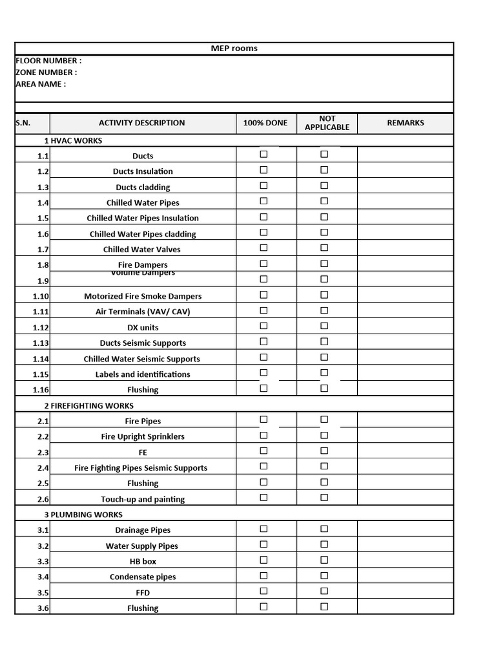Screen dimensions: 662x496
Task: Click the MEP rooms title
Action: (x=234, y=48)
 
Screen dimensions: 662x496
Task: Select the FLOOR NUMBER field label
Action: (x=48, y=61)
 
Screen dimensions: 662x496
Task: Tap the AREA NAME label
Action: (x=40, y=84)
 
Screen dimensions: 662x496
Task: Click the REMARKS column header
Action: (x=405, y=123)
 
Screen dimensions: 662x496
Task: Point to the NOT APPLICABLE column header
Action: (x=327, y=123)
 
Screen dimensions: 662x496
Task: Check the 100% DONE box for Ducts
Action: (x=263, y=155)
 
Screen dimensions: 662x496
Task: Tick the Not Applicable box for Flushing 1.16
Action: (x=324, y=389)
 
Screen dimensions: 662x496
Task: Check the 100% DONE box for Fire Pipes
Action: (x=263, y=420)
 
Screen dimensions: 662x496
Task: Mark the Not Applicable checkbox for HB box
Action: (x=324, y=560)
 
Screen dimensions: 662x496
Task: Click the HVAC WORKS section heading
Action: (x=73, y=140)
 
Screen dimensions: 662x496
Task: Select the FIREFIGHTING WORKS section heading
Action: (x=89, y=406)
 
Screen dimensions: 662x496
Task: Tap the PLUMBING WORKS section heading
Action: (x=83, y=515)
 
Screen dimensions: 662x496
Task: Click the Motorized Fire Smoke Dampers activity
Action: (x=143, y=296)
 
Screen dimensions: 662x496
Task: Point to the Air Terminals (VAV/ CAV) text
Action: (x=143, y=312)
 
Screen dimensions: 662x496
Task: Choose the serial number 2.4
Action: (x=43, y=468)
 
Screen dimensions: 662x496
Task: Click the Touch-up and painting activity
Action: (x=143, y=499)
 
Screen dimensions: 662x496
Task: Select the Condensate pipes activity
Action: (x=143, y=577)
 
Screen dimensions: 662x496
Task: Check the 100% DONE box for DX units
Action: (x=263, y=326)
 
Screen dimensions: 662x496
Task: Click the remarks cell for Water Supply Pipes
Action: (x=405, y=545)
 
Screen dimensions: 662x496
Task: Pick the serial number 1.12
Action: (x=41, y=328)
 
